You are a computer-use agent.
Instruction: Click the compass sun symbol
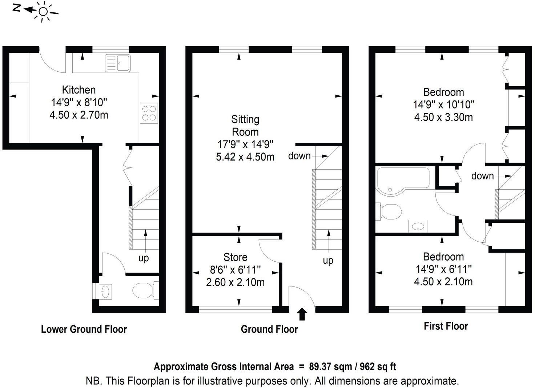pyautogui.click(x=43, y=12)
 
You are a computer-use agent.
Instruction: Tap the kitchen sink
pyautogui.click(x=118, y=63)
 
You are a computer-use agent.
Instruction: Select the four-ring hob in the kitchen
pyautogui.click(x=149, y=113)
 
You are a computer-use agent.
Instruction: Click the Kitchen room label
pyautogui.click(x=79, y=90)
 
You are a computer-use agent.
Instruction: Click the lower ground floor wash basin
pyautogui.click(x=105, y=292)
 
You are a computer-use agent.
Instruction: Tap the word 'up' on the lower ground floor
pyautogui.click(x=144, y=258)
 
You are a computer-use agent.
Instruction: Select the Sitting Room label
pyautogui.click(x=245, y=126)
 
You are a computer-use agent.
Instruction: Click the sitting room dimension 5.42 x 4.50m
pyautogui.click(x=245, y=157)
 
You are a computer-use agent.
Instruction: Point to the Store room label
pyautogui.click(x=235, y=257)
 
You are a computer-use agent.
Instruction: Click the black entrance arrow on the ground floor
pyautogui.click(x=302, y=314)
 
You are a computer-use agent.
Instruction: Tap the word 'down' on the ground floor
pyautogui.click(x=299, y=156)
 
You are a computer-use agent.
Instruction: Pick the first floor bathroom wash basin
pyautogui.click(x=418, y=226)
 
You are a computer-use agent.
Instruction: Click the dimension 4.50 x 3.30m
pyautogui.click(x=443, y=117)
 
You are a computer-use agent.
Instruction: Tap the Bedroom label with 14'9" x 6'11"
pyautogui.click(x=443, y=257)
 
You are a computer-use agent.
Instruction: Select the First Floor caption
pyautogui.click(x=446, y=326)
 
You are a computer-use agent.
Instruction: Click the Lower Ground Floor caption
pyautogui.click(x=84, y=329)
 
